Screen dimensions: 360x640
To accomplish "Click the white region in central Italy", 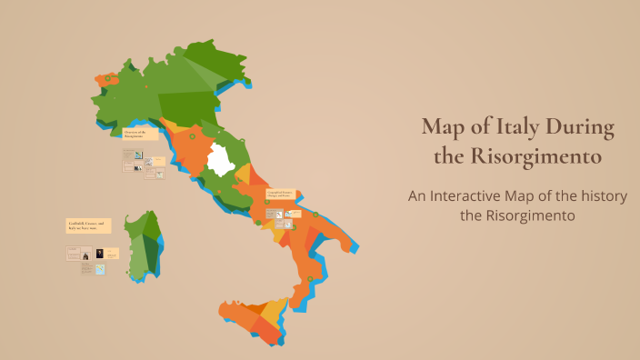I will tap(220, 160).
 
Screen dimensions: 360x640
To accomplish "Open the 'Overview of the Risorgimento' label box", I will tap(140, 134).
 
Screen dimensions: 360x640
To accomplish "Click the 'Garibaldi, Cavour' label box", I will tap(87, 225).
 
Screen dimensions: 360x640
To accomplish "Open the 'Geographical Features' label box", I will tap(280, 195).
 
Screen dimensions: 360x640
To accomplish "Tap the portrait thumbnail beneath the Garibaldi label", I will tap(99, 254).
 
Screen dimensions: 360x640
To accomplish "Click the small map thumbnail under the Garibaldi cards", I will tap(100, 269).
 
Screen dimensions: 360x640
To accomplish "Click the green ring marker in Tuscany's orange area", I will tap(192, 136).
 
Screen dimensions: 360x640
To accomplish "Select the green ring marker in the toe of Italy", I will tap(310, 278).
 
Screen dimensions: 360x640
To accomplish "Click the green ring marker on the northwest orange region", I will tap(107, 79).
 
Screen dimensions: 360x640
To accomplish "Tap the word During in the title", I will tap(582, 126).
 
